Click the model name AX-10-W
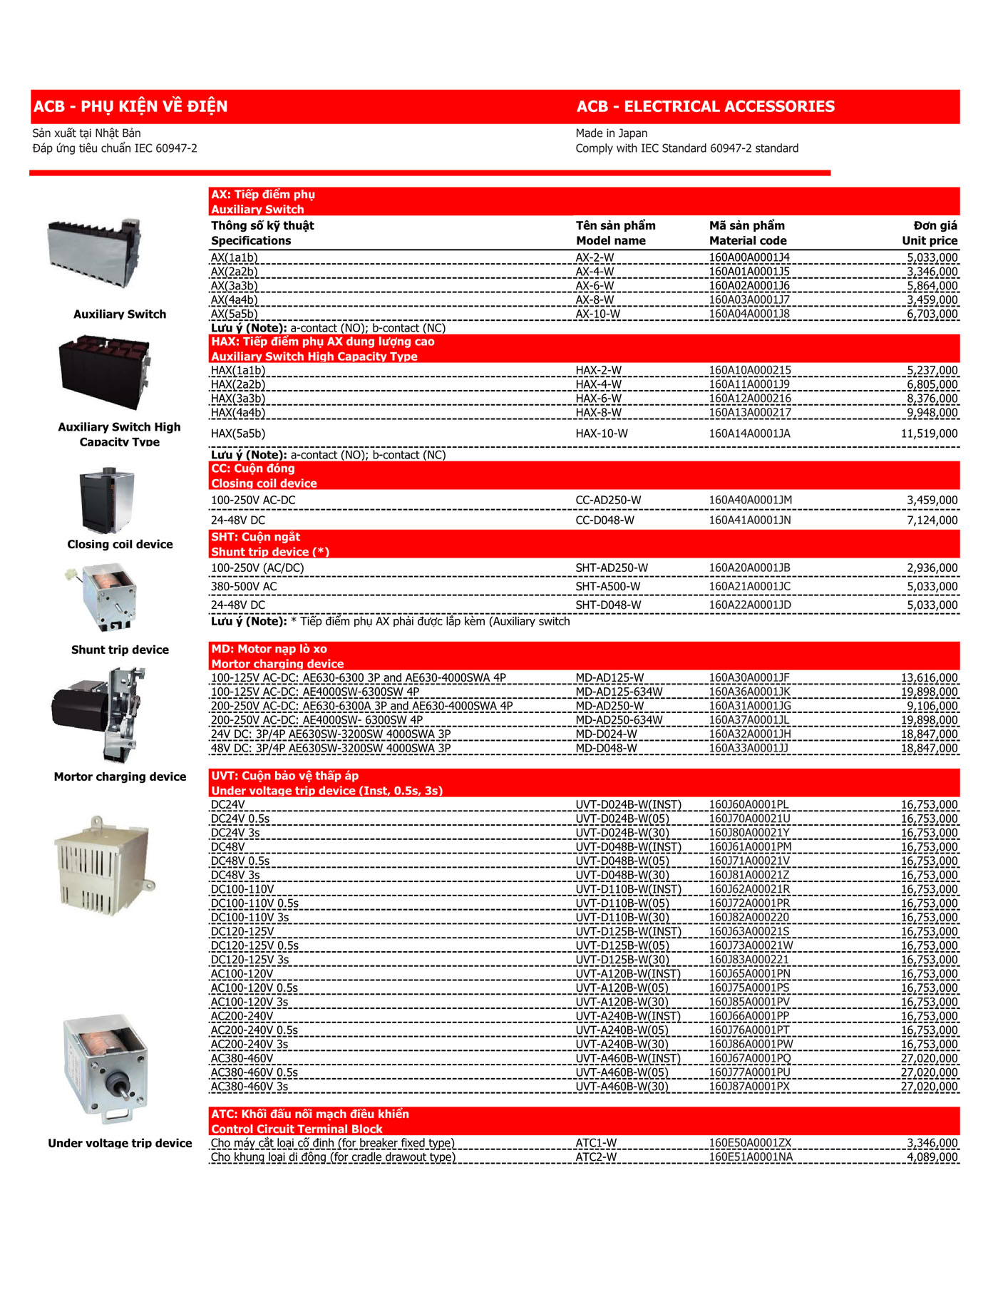pyautogui.click(x=597, y=314)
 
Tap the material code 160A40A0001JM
pyautogui.click(x=750, y=500)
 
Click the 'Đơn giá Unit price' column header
pyautogui.click(x=930, y=233)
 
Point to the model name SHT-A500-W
pyautogui.click(x=607, y=586)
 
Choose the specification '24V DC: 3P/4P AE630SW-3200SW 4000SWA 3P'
pyautogui.click(x=331, y=734)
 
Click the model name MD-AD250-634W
pyautogui.click(x=619, y=720)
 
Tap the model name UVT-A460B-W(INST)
pyautogui.click(x=627, y=1058)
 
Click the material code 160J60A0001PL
pyautogui.click(x=748, y=804)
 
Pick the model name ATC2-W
pyautogui.click(x=596, y=1157)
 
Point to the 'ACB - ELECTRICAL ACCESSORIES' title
pyautogui.click(x=705, y=106)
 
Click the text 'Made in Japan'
pyautogui.click(x=611, y=133)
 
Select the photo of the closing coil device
pyautogui.click(x=107, y=501)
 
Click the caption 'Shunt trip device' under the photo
pyautogui.click(x=120, y=650)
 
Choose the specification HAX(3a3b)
pyautogui.click(x=238, y=399)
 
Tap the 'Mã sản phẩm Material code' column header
pyautogui.click(x=747, y=233)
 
